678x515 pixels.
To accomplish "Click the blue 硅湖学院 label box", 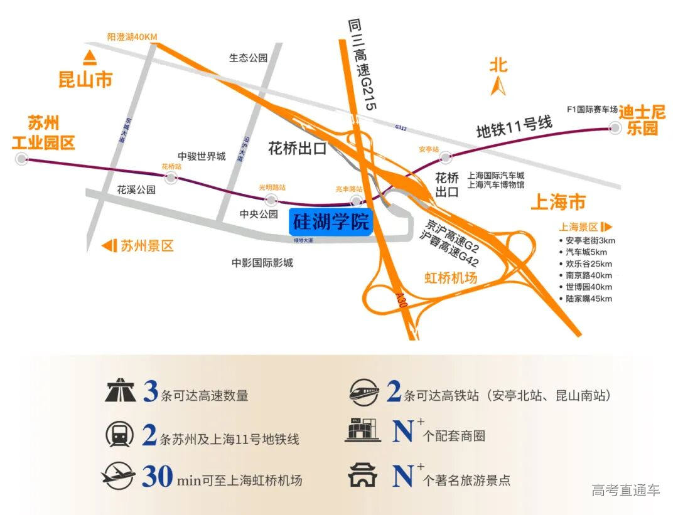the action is pos(331,222).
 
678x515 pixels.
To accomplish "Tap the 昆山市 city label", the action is pos(85,80).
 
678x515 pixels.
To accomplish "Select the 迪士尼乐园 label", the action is pos(642,120).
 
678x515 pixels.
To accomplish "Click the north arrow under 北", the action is pos(499,86).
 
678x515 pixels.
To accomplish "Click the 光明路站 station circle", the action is pos(271,199).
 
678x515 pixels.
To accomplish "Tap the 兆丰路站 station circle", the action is pos(357,201).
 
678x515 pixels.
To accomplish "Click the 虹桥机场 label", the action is pos(451,277).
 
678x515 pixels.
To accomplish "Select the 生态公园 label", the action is pos(248,58).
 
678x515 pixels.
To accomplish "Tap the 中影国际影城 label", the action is pos(262,263).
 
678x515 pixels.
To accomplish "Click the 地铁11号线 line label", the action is pos(514,127).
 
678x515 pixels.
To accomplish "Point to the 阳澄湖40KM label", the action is pos(132,37).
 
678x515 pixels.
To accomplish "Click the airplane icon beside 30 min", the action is pos(118,476).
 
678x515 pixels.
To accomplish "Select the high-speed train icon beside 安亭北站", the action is pos(365,393).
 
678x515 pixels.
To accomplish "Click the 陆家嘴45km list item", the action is pos(588,299).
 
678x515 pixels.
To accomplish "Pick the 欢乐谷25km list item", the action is pos(588,263).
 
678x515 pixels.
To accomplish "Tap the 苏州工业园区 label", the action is pos(43,132).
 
